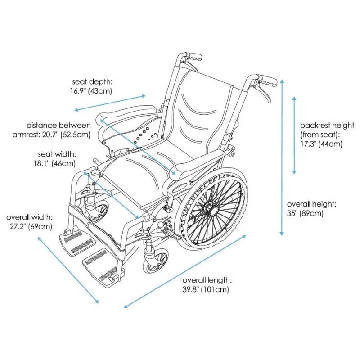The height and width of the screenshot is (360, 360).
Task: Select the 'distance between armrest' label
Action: pos(58,125)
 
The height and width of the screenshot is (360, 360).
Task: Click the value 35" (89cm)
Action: pos(306,213)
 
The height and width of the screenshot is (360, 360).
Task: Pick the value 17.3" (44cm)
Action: pos(321,144)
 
